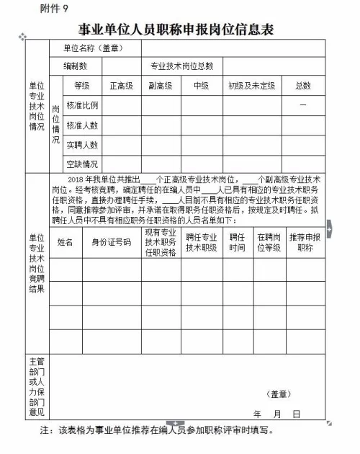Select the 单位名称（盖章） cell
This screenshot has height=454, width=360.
point(93,48)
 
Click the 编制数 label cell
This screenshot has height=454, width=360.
point(75,66)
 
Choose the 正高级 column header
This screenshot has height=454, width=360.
point(121,85)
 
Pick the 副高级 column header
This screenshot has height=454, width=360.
point(160,85)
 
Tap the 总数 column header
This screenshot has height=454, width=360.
point(303,85)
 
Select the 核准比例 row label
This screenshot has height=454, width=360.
point(82,105)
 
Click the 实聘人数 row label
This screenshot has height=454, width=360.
point(82,145)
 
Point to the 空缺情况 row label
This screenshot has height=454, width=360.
point(82,164)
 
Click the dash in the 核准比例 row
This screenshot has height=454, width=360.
point(303,105)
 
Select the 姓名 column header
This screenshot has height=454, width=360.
point(66,242)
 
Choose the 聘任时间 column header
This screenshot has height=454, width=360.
point(237,242)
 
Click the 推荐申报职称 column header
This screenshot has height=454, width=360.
point(305,242)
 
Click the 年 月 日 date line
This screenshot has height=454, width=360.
point(276,414)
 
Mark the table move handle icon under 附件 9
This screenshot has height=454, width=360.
point(22,35)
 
